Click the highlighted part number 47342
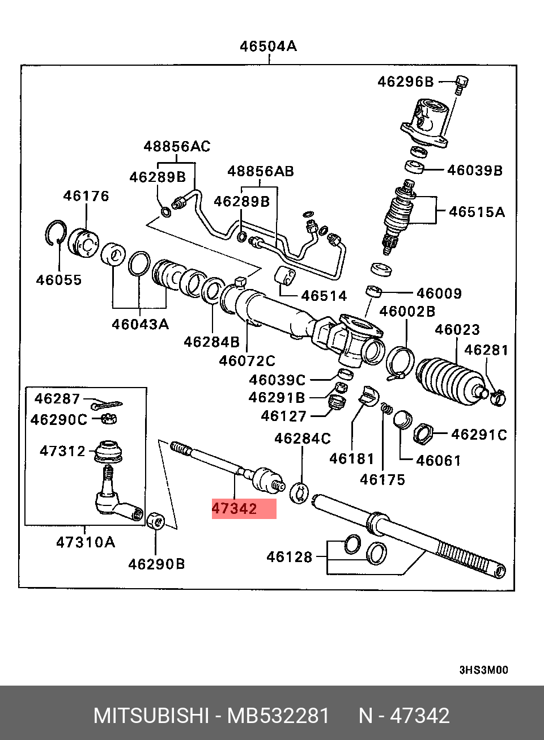(235, 508)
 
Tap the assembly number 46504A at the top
(267, 46)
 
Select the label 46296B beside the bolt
(405, 82)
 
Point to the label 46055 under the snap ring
(59, 279)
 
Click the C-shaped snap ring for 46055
(54, 233)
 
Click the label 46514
(324, 295)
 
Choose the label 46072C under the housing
(247, 360)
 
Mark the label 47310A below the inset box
(85, 542)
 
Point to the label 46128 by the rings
(289, 557)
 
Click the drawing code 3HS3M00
(483, 670)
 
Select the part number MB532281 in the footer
(278, 716)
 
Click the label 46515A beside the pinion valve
(477, 212)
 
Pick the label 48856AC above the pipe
(177, 146)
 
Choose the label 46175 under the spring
(382, 479)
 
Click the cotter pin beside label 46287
(105, 404)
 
